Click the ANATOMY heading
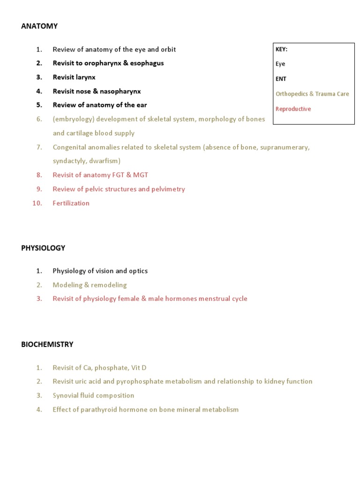[x=39, y=26]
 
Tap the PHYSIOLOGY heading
[x=43, y=248]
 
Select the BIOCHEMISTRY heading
[x=47, y=344]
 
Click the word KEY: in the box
[x=281, y=49]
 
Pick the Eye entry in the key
[x=280, y=64]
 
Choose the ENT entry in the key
[x=281, y=79]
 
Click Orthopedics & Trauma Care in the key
[x=312, y=94]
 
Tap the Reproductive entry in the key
[x=293, y=109]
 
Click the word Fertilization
[x=71, y=203]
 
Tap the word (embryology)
[x=74, y=119]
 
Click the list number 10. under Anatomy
[x=37, y=203]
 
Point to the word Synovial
[x=66, y=395]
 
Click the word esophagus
[x=147, y=63]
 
